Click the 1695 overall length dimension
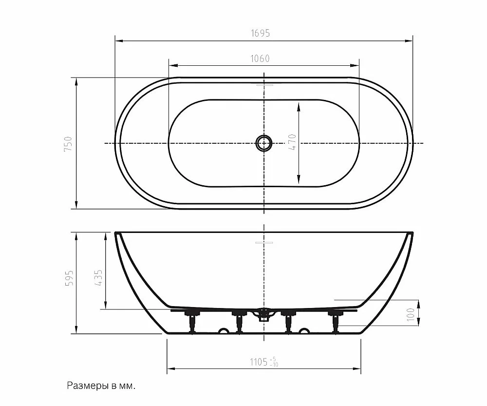260,33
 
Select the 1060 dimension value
260,58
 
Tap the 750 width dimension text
68,144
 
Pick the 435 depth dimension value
98,278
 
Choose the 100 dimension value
411,314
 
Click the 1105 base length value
259,362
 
